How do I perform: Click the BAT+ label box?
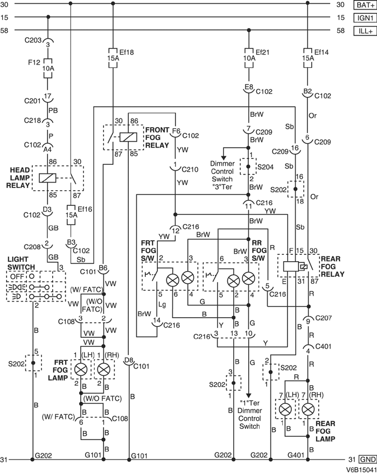pyautogui.click(x=365, y=5)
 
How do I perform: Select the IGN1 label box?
pyautogui.click(x=365, y=18)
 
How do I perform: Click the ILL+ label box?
pyautogui.click(x=365, y=31)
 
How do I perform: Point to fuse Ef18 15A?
pyautogui.click(x=112, y=58)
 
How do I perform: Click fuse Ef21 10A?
pyautogui.click(x=248, y=58)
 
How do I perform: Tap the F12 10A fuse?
pyautogui.click(x=48, y=68)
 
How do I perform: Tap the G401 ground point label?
pyautogui.click(x=295, y=455)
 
